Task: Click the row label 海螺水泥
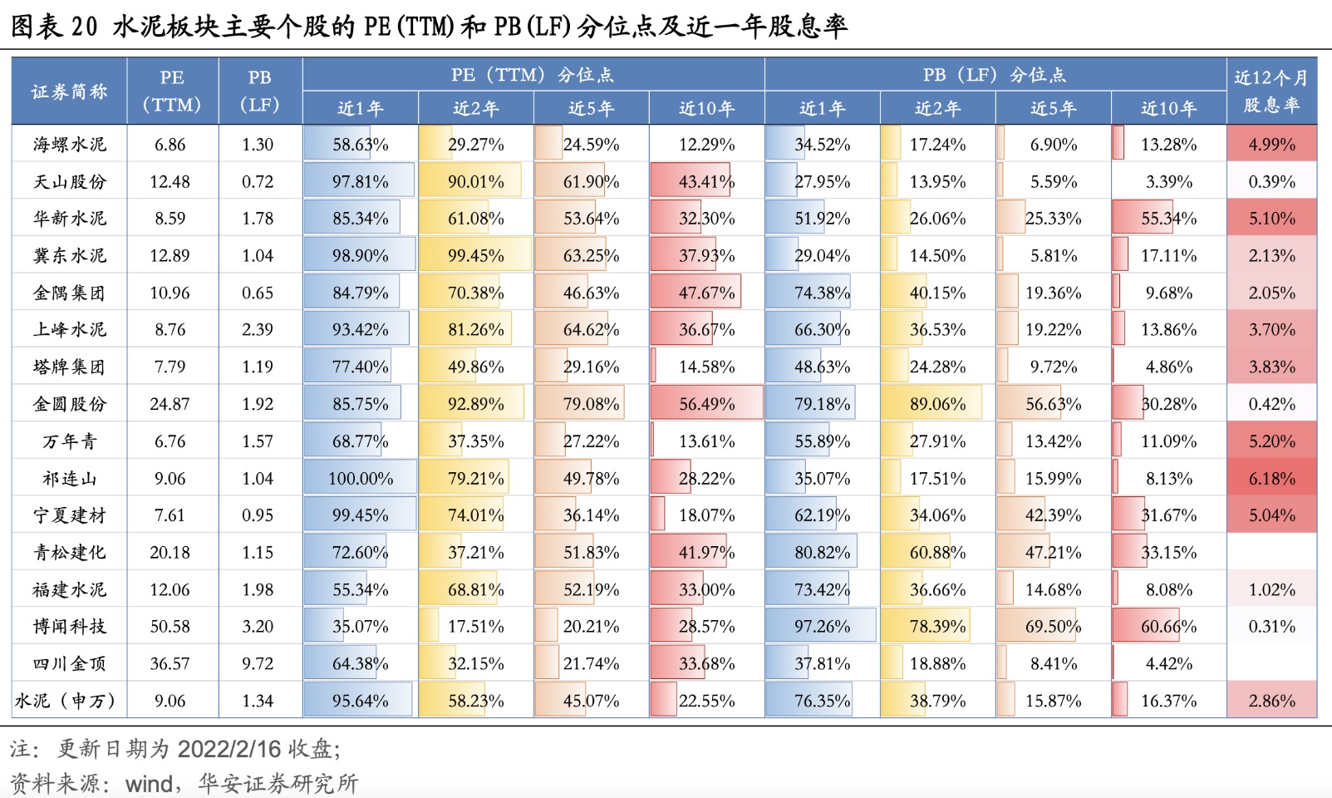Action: pyautogui.click(x=70, y=144)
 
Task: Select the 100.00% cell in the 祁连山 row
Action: pyautogui.click(x=361, y=478)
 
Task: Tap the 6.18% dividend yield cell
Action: pyautogui.click(x=1271, y=478)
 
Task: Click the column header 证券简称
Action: pyautogui.click(x=70, y=91)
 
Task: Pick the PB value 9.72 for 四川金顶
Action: pyautogui.click(x=258, y=663)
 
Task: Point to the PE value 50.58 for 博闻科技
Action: pyautogui.click(x=170, y=626)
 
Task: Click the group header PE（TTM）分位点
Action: pyautogui.click(x=533, y=74)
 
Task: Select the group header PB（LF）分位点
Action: pyautogui.click(x=995, y=74)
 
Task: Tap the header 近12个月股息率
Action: pyautogui.click(x=1271, y=91)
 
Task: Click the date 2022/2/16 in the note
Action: pyautogui.click(x=229, y=749)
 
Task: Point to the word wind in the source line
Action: pyautogui.click(x=150, y=784)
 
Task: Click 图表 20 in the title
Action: pyautogui.click(x=54, y=26)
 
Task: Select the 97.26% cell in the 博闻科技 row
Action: pyautogui.click(x=822, y=626)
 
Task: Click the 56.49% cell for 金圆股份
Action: pyautogui.click(x=706, y=403)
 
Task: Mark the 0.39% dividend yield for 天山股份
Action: pyautogui.click(x=1271, y=181)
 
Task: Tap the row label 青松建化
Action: pyautogui.click(x=70, y=552)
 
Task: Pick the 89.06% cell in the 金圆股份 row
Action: pyautogui.click(x=937, y=403)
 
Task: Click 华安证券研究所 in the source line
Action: pyautogui.click(x=278, y=784)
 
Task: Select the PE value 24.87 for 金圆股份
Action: pyautogui.click(x=170, y=403)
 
